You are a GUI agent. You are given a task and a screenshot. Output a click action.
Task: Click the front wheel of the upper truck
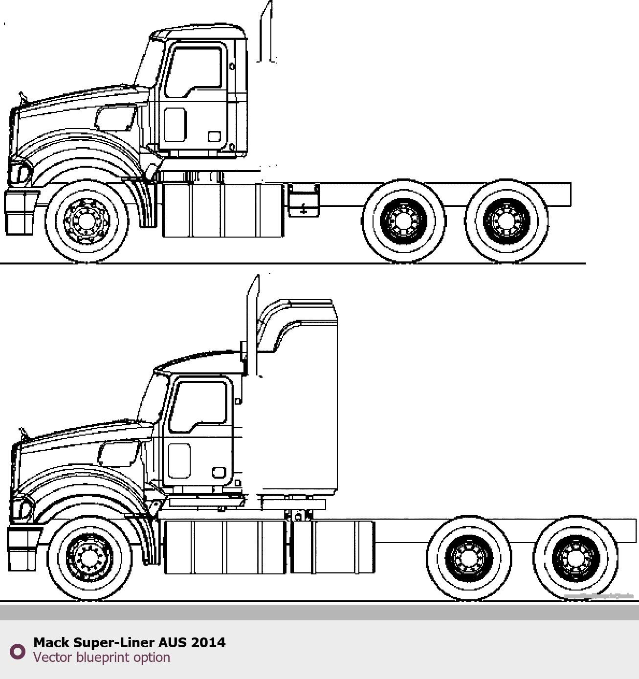tap(87, 221)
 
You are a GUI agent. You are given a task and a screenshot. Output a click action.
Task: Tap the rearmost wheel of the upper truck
tap(506, 221)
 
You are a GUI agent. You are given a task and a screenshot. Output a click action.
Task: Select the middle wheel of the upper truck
tap(404, 221)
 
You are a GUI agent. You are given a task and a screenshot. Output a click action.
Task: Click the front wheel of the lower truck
tap(90, 558)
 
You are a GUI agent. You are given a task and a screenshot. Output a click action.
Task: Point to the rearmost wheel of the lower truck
tap(575, 558)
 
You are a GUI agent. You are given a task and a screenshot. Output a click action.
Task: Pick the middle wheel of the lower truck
tap(469, 558)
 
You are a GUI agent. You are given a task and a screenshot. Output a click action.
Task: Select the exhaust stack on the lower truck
tap(253, 318)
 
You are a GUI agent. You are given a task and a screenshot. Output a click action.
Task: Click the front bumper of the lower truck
tap(22, 548)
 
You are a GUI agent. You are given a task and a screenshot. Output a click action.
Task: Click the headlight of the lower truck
tap(22, 508)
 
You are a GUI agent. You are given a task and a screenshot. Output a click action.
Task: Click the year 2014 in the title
tap(208, 642)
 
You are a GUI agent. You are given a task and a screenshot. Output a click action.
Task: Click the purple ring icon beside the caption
tap(18, 651)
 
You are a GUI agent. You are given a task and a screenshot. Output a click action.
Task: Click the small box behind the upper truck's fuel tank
tap(304, 200)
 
